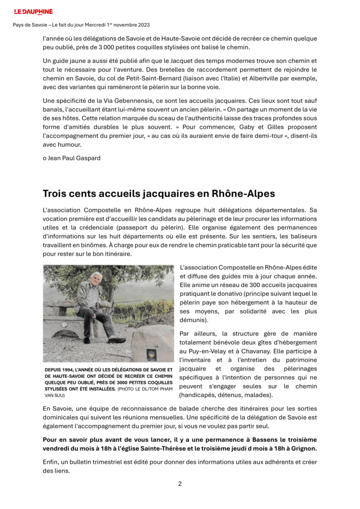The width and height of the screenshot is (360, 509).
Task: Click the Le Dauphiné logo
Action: tap(33, 11)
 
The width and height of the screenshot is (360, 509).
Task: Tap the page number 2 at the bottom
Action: tap(180, 484)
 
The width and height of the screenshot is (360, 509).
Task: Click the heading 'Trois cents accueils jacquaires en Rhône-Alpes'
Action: tap(159, 194)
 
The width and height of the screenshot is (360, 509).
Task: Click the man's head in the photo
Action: tap(94, 278)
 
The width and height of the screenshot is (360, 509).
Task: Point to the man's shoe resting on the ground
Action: tap(117, 340)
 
